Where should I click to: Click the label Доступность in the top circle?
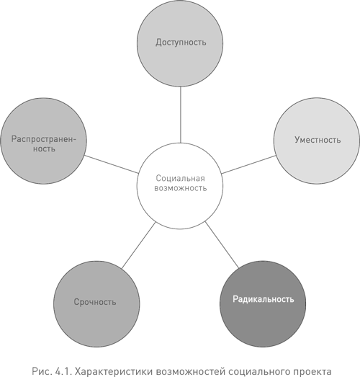pos(181,43)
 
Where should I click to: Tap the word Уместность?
pos(318,140)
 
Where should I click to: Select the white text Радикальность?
pos(264,299)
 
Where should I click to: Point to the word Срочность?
pos(95,302)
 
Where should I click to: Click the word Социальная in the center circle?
pos(181,178)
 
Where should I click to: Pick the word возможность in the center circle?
pos(181,188)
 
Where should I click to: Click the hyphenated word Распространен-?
pos(44,139)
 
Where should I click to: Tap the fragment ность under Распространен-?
pos(44,148)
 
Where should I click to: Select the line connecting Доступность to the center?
pos(181,115)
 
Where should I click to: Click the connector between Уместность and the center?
pos(248,164)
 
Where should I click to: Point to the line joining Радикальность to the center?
pos(222,245)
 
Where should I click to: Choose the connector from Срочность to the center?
pos(138,245)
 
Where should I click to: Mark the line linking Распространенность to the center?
pos(112,164)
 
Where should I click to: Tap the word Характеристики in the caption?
pos(114,372)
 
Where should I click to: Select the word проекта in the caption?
pos(310,372)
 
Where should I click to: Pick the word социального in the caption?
pos(257,372)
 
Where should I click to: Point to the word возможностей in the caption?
pos(191,372)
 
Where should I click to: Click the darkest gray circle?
pos(263,304)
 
